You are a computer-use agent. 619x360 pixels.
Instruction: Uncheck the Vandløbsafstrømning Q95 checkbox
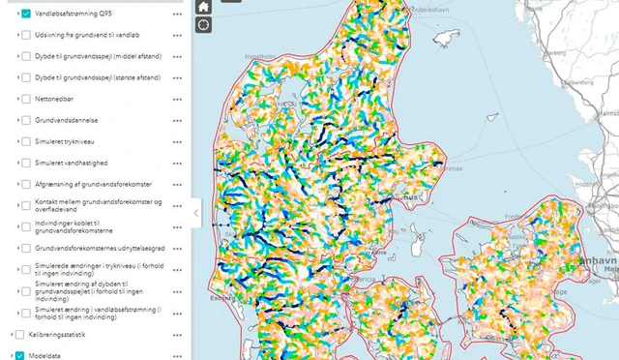(26, 15)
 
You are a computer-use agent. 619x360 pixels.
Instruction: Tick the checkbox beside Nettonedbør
(26, 99)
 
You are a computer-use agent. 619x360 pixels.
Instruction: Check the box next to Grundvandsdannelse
(26, 120)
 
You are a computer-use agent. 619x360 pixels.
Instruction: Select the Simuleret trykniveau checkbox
(26, 141)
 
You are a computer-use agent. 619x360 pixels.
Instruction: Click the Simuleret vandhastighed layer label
(72, 163)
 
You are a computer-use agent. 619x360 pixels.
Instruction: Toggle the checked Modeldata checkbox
(19, 355)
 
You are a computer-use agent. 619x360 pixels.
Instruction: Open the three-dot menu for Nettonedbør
(177, 99)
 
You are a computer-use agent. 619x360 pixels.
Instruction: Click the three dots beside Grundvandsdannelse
(177, 120)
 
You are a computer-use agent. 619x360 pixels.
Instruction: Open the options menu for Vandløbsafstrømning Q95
(177, 15)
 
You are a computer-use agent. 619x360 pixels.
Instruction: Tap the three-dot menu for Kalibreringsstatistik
(177, 334)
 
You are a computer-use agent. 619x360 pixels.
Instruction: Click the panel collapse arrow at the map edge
(196, 213)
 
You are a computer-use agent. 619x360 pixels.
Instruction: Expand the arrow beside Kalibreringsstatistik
(10, 334)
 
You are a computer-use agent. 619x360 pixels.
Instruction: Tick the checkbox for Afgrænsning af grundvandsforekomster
(26, 184)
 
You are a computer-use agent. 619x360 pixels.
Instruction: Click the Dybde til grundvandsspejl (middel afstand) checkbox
(26, 56)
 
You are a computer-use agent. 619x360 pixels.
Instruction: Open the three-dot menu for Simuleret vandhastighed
(177, 163)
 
